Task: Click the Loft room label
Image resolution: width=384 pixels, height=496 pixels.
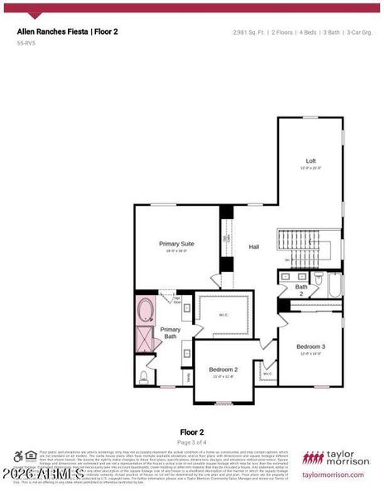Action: [311, 161]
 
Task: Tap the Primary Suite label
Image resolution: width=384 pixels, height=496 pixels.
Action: [176, 245]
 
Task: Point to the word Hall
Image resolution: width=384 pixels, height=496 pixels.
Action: [254, 246]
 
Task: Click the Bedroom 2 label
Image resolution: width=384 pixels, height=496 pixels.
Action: [223, 370]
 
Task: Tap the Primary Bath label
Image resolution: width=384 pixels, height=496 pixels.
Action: [170, 333]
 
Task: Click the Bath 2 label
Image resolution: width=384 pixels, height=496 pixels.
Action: [301, 290]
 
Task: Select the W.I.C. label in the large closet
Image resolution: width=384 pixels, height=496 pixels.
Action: [223, 314]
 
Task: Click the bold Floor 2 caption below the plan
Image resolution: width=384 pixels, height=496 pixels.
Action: [191, 432]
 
